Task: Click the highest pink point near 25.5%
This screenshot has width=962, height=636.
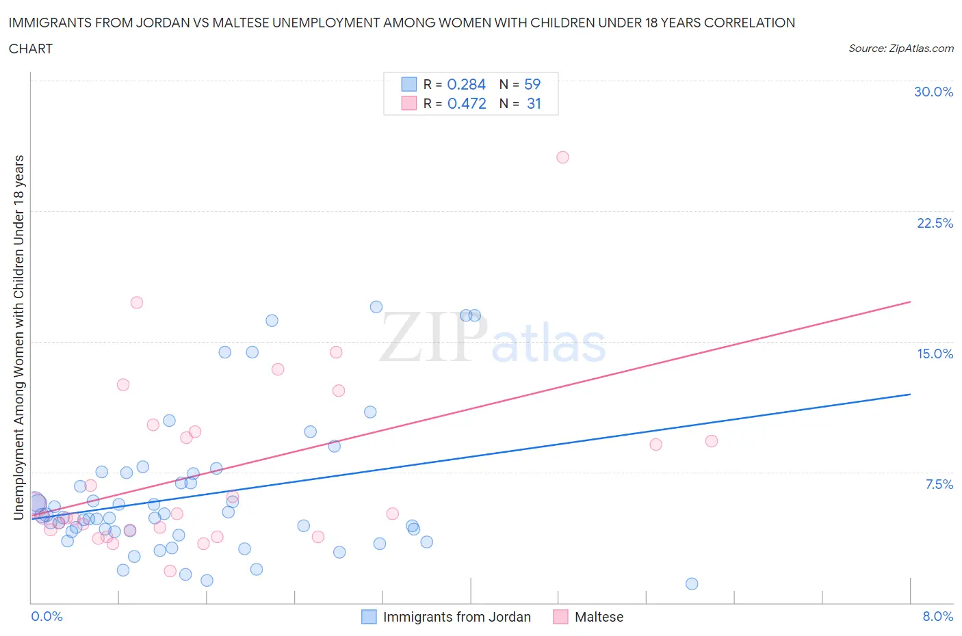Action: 562,157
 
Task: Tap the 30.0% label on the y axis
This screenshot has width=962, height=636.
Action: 933,92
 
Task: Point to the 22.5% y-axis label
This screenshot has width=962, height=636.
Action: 935,223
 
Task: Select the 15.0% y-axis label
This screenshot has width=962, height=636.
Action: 935,354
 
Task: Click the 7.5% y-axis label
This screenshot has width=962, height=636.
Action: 939,484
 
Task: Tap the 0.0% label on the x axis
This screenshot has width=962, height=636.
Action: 47,616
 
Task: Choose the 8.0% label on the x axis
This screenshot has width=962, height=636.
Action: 937,616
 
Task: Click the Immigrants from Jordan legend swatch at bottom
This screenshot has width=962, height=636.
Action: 369,617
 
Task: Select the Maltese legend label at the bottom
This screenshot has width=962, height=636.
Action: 599,617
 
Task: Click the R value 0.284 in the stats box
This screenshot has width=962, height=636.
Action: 466,84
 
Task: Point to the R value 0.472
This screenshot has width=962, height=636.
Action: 467,103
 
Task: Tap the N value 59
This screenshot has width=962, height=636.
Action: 532,84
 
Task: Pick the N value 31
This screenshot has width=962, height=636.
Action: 534,103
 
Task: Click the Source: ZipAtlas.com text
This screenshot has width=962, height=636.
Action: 900,48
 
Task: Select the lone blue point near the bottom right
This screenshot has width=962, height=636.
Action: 692,583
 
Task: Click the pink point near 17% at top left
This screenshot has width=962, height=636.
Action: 137,302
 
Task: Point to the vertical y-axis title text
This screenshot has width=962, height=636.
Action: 19,337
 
